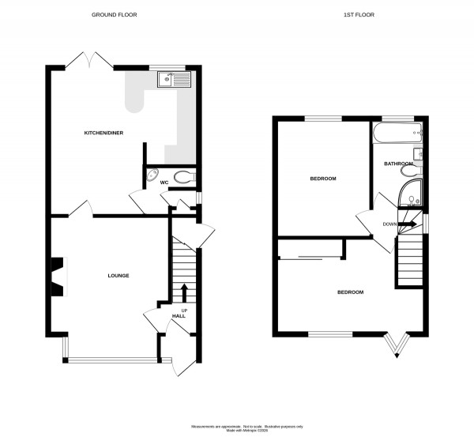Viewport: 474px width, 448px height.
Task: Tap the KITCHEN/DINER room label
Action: pos(104,133)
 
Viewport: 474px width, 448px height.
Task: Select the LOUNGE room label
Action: pos(118,275)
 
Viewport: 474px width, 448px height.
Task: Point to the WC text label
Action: pos(164,183)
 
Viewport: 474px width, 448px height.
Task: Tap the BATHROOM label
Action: pos(399,164)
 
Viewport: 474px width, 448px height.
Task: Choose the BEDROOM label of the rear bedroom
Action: pos(322,179)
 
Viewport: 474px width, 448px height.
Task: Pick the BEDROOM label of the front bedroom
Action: pos(350,292)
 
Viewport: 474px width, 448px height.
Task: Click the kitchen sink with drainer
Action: pos(175,78)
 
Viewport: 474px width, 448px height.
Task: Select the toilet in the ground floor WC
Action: pos(183,176)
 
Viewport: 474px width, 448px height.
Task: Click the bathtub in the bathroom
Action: pos(398,134)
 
